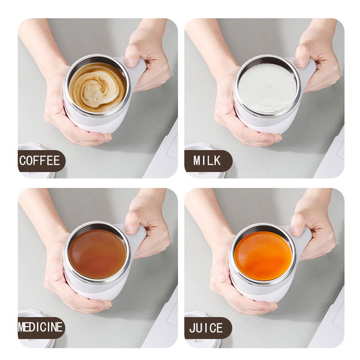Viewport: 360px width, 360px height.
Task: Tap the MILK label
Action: [207, 161]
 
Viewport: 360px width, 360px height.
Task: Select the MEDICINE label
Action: [40, 328]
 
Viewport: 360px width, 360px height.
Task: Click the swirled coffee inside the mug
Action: [97, 87]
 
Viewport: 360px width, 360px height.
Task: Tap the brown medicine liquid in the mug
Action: [97, 254]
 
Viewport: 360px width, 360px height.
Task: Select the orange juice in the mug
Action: [263, 256]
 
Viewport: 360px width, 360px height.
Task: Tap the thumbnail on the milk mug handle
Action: [301, 63]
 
